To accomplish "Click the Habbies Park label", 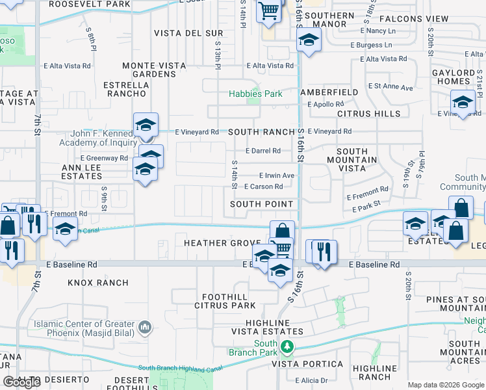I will coord(255,94).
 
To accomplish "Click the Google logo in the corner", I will coord(21,382).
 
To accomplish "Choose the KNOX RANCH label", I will coord(98,283).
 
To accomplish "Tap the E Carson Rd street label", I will coord(263,187).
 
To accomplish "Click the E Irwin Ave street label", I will coord(277,175).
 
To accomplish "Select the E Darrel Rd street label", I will coord(262,151).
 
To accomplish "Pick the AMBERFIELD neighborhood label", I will coord(329,93).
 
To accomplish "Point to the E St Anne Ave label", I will coord(390,86).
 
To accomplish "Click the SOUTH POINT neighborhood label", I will coord(262,204).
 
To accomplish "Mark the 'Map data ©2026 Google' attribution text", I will coord(446,385).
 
